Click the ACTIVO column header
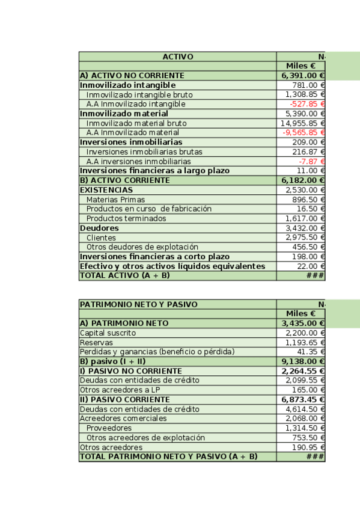[178, 57]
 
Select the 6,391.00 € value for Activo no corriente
[302, 76]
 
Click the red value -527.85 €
[307, 104]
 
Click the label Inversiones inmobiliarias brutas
[144, 152]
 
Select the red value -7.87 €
[312, 161]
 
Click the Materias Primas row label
[115, 200]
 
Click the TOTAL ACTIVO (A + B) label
[125, 275]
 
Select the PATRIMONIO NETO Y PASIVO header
[139, 304]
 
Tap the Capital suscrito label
[108, 333]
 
